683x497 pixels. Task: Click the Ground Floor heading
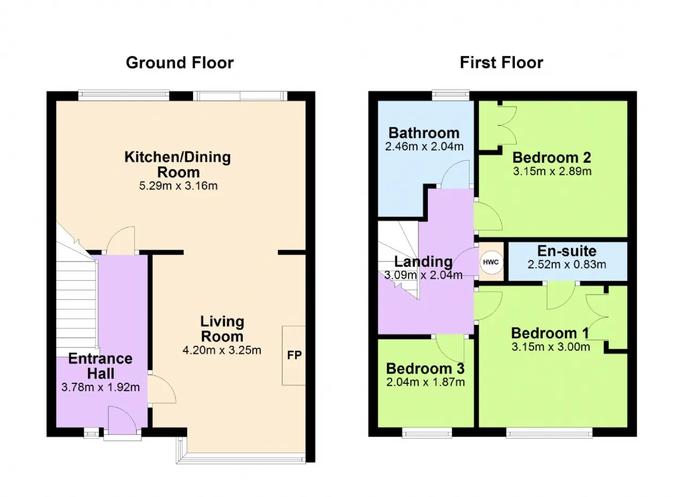pos(180,62)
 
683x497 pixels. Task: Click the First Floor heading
pos(501,62)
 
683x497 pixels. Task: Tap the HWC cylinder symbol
pos(491,262)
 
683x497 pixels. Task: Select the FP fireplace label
pos(294,355)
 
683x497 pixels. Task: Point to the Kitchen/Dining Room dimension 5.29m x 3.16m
pos(178,185)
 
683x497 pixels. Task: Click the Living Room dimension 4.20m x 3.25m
pos(221,350)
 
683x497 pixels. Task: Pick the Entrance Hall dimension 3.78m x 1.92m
pos(101,387)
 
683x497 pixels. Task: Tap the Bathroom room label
pos(424,133)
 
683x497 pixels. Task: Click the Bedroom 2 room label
pos(552,157)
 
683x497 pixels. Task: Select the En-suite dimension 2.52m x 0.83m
pos(567,264)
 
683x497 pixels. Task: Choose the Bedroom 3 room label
pos(425,368)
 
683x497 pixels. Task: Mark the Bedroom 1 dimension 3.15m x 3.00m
pos(551,347)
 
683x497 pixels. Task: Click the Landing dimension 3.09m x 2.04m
pos(423,275)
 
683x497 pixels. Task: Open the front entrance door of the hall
pos(123,420)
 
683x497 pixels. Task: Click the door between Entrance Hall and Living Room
pos(162,389)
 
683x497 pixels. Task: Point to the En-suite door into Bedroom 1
pos(561,296)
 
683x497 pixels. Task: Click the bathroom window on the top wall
pos(451,95)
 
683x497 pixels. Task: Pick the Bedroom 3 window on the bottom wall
pos(427,432)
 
